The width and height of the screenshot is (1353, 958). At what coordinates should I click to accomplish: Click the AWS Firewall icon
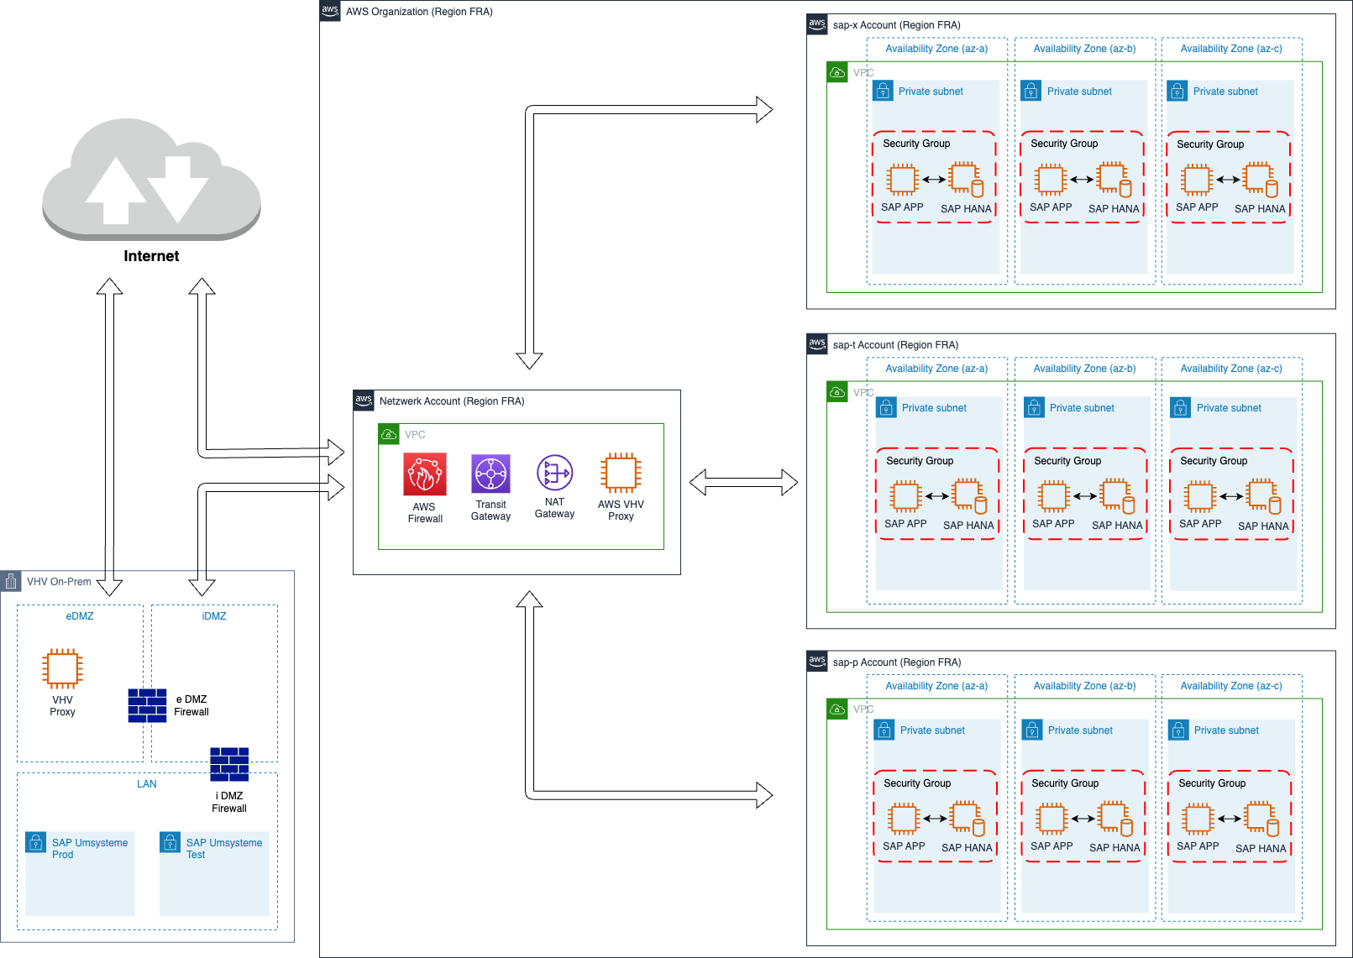[x=425, y=474]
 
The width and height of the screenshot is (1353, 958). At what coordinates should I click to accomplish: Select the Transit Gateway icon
[x=490, y=475]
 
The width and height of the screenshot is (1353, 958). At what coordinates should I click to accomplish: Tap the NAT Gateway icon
[x=554, y=474]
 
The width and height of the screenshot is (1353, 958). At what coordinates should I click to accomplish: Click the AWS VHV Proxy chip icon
[x=621, y=474]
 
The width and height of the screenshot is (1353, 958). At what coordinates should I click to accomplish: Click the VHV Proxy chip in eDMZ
[x=62, y=668]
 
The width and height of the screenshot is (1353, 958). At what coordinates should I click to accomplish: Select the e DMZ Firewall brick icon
[x=147, y=705]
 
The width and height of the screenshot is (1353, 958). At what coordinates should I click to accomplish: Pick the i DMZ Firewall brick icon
[x=229, y=764]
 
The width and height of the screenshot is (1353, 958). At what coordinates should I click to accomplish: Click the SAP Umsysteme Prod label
[x=90, y=849]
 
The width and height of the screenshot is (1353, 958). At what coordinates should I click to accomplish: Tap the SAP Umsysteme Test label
[x=223, y=849]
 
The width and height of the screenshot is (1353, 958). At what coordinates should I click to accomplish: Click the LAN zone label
[x=147, y=784]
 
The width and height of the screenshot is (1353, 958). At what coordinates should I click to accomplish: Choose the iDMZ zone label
[x=214, y=616]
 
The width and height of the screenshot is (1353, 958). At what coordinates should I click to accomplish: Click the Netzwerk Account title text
[x=452, y=401]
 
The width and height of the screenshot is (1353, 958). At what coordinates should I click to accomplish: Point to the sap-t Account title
[x=895, y=345]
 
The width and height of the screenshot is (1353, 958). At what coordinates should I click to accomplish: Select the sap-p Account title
[x=897, y=662]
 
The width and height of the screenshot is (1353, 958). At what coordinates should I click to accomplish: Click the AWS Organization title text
[x=419, y=12]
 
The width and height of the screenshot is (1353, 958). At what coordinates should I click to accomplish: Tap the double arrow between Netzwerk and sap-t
[x=743, y=483]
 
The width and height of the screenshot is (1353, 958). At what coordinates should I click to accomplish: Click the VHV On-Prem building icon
[x=11, y=581]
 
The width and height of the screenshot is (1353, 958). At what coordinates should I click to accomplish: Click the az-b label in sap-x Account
[x=1084, y=49]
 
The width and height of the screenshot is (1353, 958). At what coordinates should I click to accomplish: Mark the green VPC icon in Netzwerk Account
[x=389, y=434]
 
